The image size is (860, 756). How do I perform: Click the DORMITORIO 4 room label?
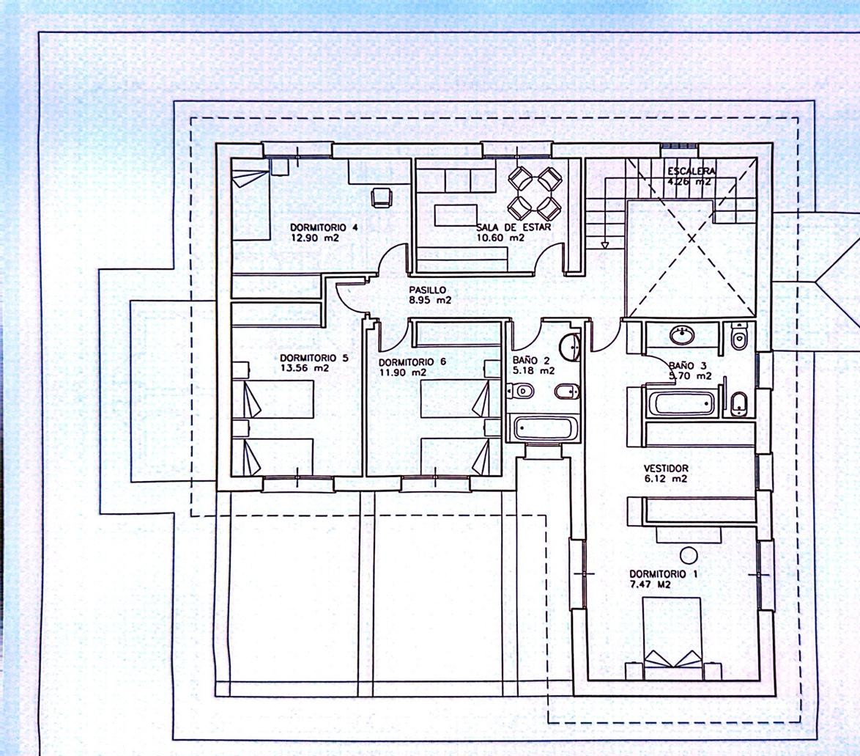pyautogui.click(x=324, y=227)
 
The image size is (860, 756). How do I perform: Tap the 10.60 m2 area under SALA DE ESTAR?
pyautogui.click(x=500, y=238)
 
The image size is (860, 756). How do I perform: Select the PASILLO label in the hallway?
pyautogui.click(x=428, y=290)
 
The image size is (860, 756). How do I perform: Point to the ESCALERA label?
pyautogui.click(x=692, y=172)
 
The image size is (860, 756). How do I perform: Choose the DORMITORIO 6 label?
pyautogui.click(x=412, y=362)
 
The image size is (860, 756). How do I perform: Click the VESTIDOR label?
pyautogui.click(x=665, y=469)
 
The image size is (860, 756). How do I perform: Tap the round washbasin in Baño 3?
pyautogui.click(x=682, y=334)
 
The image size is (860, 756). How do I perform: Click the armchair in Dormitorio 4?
pyautogui.click(x=382, y=197)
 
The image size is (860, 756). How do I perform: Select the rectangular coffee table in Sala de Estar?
pyautogui.click(x=456, y=215)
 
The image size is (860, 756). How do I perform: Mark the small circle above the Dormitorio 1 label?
pyautogui.click(x=689, y=556)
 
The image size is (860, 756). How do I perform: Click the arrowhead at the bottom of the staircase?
pyautogui.click(x=605, y=246)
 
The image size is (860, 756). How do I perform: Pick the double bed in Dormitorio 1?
pyautogui.click(x=672, y=633)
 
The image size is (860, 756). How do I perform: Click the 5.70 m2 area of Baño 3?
pyautogui.click(x=690, y=376)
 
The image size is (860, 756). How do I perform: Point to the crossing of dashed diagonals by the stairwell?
pyautogui.click(x=692, y=238)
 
